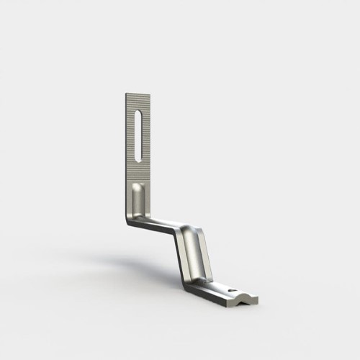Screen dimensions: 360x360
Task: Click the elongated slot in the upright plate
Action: pyautogui.click(x=138, y=138)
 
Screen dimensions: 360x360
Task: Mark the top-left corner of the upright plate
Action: pyautogui.click(x=125, y=93)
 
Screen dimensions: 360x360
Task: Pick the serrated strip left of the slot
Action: pyautogui.click(x=130, y=137)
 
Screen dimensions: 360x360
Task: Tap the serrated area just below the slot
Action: pyautogui.click(x=138, y=175)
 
